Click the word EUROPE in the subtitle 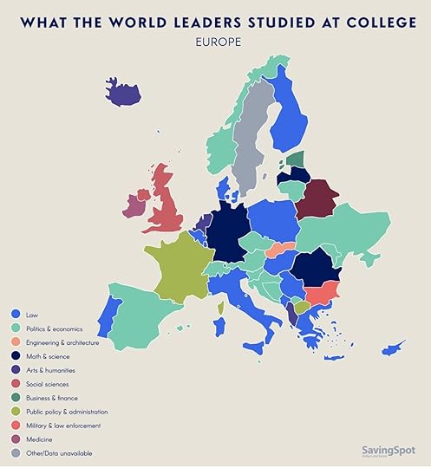pyautogui.click(x=215, y=41)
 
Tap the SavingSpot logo pyautogui.click(x=388, y=451)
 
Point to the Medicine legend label pyautogui.click(x=44, y=439)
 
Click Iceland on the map pyautogui.click(x=122, y=91)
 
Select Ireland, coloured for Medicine pyautogui.click(x=134, y=205)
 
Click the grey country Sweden pyautogui.click(x=251, y=139)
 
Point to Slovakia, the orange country pyautogui.click(x=280, y=250)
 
